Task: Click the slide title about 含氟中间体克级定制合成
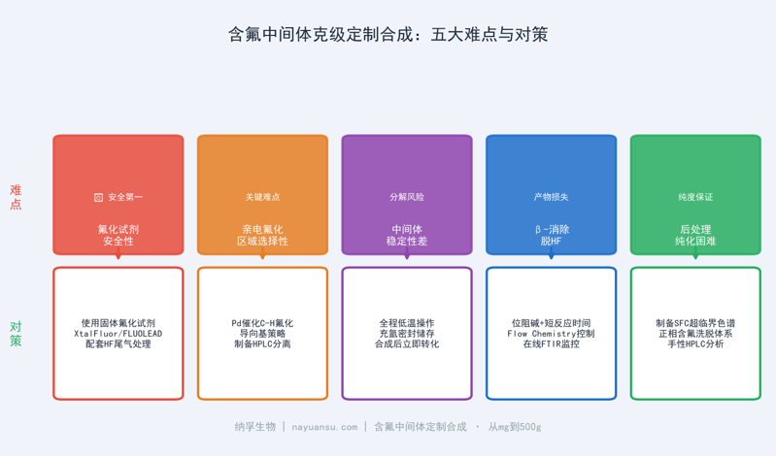[x=388, y=35]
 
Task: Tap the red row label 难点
[x=16, y=197]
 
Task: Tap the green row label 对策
[x=16, y=334]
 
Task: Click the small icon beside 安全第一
[x=98, y=197]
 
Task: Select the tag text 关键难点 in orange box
[x=262, y=197]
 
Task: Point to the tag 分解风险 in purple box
[x=407, y=197]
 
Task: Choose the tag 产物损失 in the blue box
[x=551, y=197]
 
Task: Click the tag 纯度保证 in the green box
[x=695, y=197]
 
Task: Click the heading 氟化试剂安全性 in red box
[x=118, y=235]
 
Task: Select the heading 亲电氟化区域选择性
[x=262, y=235]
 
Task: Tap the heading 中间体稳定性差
[x=407, y=235]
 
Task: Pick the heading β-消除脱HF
[x=551, y=235]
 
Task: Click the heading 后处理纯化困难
[x=695, y=235]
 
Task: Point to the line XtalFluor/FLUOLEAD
[x=118, y=334]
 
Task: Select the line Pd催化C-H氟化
[x=262, y=323]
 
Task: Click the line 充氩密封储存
[x=407, y=334]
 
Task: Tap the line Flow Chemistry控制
[x=551, y=334]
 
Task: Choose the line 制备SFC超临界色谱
[x=695, y=323]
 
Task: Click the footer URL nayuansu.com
[x=324, y=427]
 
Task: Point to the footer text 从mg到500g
[x=515, y=427]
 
